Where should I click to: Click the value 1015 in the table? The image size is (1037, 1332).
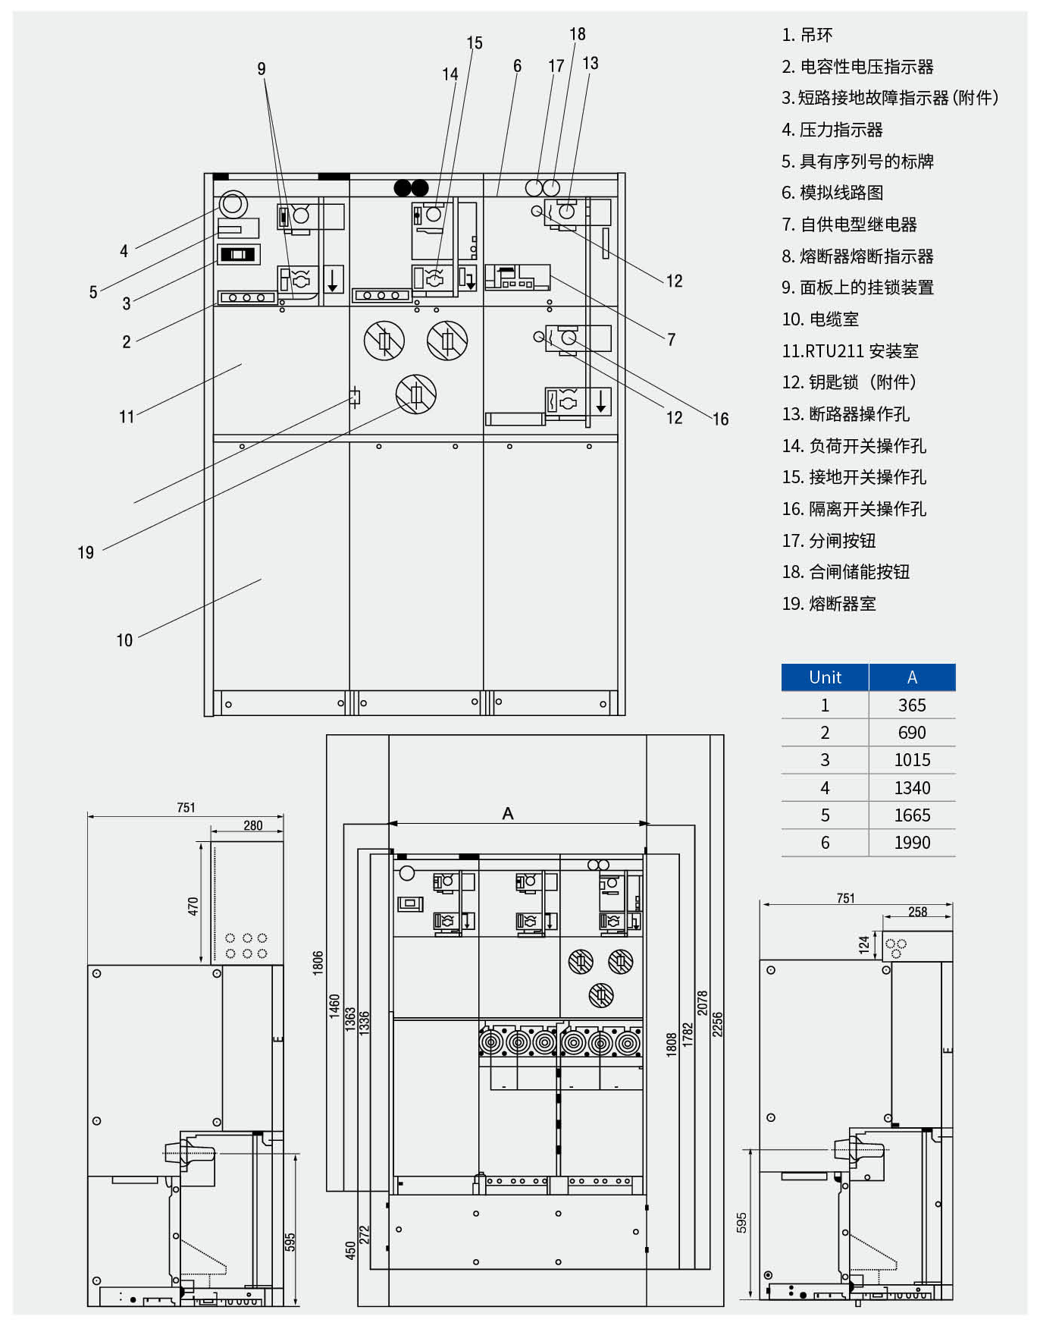coord(912,760)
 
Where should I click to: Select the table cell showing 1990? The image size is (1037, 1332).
coord(912,843)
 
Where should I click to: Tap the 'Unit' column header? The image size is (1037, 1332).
coord(825,677)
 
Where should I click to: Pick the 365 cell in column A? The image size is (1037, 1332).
coord(912,705)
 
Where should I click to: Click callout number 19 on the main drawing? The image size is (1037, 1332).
coord(86,553)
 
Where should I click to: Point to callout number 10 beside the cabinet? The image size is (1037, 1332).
coord(124,640)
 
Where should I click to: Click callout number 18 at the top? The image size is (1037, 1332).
coord(578,34)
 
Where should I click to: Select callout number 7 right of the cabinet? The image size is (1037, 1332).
coord(671,340)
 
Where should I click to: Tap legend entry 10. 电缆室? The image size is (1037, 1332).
coord(820,319)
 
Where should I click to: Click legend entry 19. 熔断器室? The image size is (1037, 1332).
coord(829,604)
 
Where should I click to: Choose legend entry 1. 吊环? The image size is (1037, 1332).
coord(807,35)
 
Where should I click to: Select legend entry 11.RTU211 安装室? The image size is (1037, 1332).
coord(850,351)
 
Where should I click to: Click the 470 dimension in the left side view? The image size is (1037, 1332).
coord(193,906)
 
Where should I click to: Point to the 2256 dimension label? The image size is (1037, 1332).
coord(717,1024)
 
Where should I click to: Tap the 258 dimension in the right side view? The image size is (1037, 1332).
coord(917,912)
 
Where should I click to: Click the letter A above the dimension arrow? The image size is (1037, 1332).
coord(508,813)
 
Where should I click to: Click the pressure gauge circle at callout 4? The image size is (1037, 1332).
coord(233,204)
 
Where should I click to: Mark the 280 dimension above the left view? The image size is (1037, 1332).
coord(253,825)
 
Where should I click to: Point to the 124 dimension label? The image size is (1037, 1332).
coord(864,944)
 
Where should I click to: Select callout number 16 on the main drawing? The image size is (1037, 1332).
coord(720,419)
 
